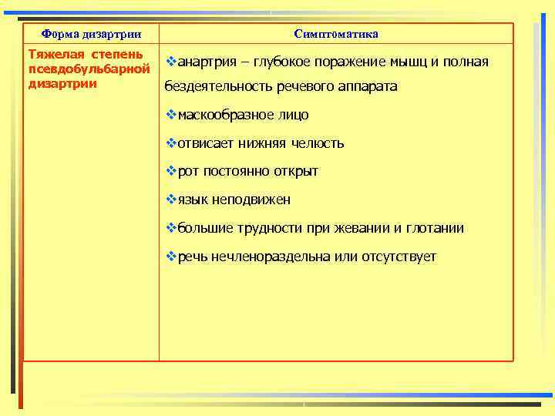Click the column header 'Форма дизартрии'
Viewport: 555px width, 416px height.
coord(91,34)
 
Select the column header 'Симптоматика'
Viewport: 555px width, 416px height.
coord(336,34)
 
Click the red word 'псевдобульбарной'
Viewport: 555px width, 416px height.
coord(87,69)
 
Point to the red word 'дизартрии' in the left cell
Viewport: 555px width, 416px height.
coord(62,83)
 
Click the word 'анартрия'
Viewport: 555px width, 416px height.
coord(207,62)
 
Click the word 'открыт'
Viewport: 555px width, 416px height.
coord(298,171)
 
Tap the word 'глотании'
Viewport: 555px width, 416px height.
coord(436,228)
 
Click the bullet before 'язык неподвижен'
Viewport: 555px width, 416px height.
coord(171,200)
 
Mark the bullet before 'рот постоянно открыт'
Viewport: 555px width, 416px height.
coord(171,171)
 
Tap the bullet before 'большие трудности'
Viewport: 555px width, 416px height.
coord(171,228)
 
